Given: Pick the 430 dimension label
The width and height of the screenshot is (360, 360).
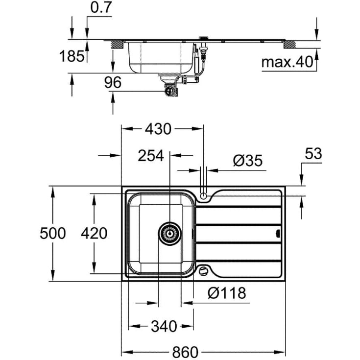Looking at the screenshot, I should [157, 129].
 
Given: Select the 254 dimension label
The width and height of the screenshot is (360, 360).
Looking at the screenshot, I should [150, 156].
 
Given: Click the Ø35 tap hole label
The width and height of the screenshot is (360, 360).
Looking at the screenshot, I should [247, 161].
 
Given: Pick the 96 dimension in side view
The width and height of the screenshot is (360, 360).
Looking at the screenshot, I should [113, 83].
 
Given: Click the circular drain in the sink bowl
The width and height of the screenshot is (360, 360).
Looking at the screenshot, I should [169, 234].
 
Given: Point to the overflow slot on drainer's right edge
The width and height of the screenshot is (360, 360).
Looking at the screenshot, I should [278, 233].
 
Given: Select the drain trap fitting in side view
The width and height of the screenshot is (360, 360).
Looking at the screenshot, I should [170, 90].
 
